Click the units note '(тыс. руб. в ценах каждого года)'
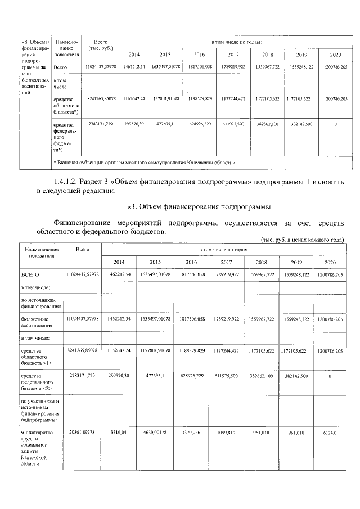pos(303,239)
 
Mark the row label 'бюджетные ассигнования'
pos(36,321)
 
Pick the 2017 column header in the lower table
pos(226,262)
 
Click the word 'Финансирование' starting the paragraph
pos(82,222)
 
